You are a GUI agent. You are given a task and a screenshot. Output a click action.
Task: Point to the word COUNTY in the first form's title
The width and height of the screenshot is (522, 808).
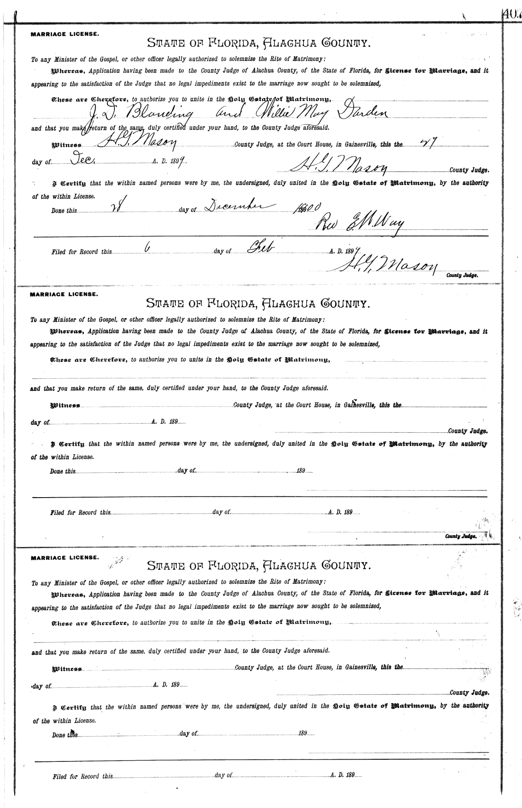pyautogui.click(x=345, y=43)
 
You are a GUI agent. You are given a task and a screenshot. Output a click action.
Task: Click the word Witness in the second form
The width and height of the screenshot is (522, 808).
pyautogui.click(x=66, y=405)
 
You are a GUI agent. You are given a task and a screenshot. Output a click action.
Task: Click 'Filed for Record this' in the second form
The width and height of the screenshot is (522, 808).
pyautogui.click(x=81, y=512)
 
